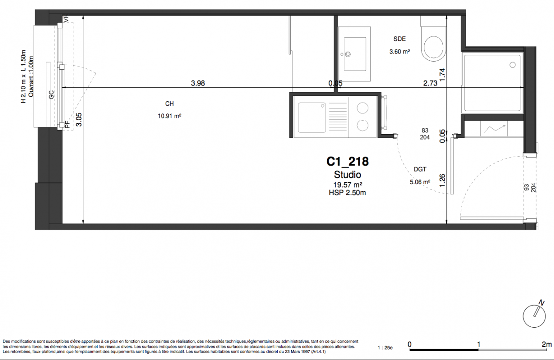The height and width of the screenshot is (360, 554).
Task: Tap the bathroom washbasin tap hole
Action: click(348, 54)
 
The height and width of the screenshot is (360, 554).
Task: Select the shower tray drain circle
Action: click(513, 65)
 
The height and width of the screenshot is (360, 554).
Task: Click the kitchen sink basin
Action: click(312, 117)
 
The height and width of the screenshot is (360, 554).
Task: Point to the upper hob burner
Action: click(362, 108)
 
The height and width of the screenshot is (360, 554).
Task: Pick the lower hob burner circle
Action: click(362, 126)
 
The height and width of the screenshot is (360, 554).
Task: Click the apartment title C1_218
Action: click(347, 162)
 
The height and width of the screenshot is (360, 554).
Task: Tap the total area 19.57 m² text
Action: click(348, 184)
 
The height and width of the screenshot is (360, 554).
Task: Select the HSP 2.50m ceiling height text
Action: click(347, 193)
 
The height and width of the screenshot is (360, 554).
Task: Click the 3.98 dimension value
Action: click(198, 83)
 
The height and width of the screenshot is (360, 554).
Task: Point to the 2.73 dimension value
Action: click(430, 83)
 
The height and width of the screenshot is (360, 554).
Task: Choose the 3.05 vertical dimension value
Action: click(79, 120)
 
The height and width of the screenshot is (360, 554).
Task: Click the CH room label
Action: click(169, 103)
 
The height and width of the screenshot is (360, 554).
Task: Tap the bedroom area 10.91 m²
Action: click(170, 116)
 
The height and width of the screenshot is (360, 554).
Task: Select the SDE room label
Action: click(400, 39)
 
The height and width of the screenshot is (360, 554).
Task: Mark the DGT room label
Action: click(420, 169)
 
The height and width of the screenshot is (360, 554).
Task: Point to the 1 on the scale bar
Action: click(478, 344)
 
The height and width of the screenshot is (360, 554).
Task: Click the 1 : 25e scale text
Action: click(385, 348)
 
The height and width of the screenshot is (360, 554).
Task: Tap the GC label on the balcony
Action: click(51, 94)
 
